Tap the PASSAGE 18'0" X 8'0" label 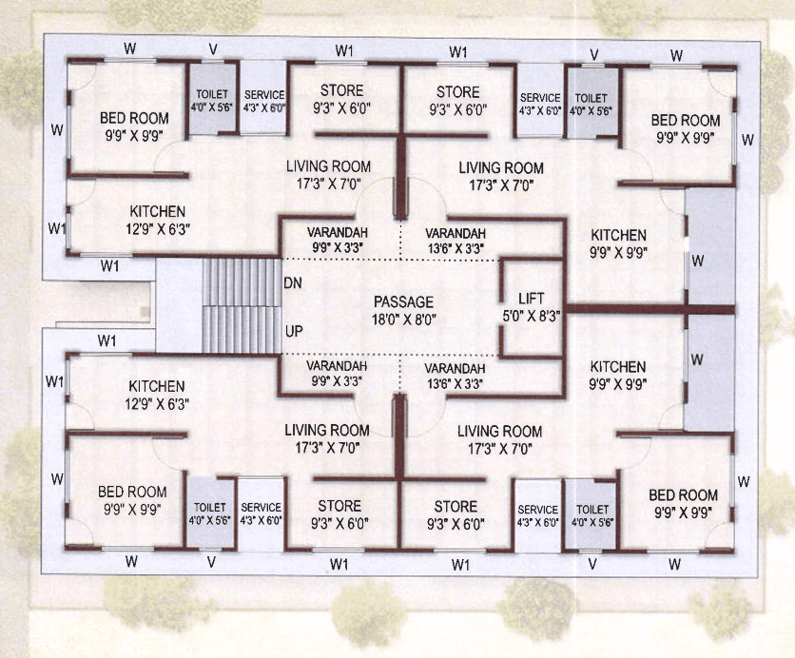tap(403, 310)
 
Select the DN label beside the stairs tap(293, 282)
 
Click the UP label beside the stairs tap(294, 332)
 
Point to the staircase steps tap(242, 305)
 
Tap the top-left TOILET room tap(212, 99)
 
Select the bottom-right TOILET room tap(591, 514)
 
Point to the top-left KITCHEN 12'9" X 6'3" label tap(158, 220)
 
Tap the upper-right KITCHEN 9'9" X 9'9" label tap(618, 243)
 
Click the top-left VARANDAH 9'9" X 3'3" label tap(338, 240)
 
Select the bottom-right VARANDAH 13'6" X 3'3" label tap(455, 376)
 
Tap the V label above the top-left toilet tap(213, 49)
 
